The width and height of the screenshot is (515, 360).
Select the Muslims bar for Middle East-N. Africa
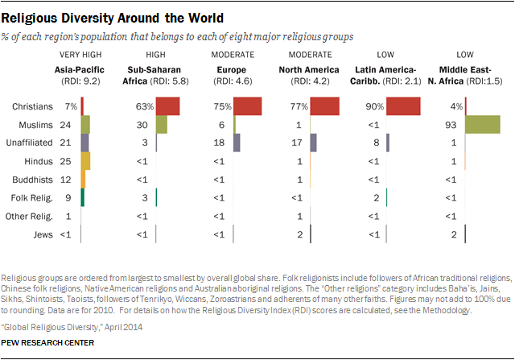pyautogui.click(x=483, y=124)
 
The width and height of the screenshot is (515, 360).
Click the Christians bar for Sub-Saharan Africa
pyautogui.click(x=167, y=106)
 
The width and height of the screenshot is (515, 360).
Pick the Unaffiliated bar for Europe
pyautogui.click(x=237, y=143)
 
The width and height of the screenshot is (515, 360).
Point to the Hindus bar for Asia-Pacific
pyautogui.click(x=85, y=160)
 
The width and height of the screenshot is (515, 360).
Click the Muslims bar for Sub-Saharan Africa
pyautogui.click(x=161, y=124)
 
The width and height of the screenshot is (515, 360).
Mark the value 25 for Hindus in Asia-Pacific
pyautogui.click(x=69, y=161)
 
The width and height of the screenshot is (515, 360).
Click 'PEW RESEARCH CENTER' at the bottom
pyautogui.click(x=48, y=343)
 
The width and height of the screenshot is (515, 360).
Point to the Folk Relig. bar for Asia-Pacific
pyautogui.click(x=83, y=197)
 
